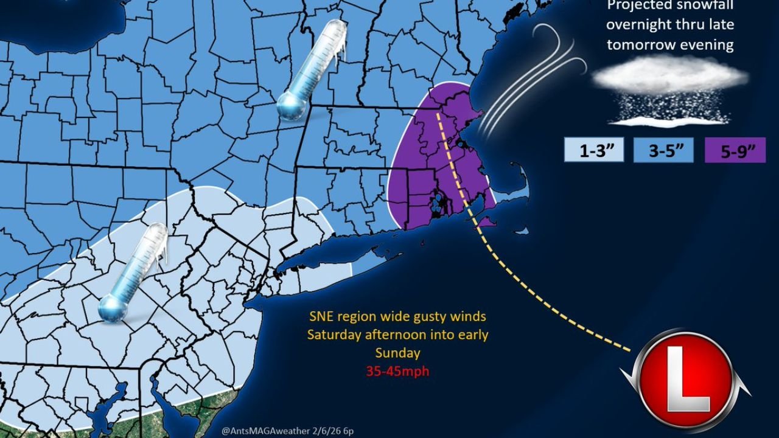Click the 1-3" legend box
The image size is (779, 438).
click(x=593, y=150)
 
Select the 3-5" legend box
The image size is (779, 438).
click(x=663, y=150)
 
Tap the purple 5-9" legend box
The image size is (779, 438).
click(x=735, y=150)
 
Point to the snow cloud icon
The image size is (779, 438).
click(x=669, y=76)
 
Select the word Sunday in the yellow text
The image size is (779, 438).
click(x=397, y=353)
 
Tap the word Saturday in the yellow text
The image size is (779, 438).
click(x=333, y=335)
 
